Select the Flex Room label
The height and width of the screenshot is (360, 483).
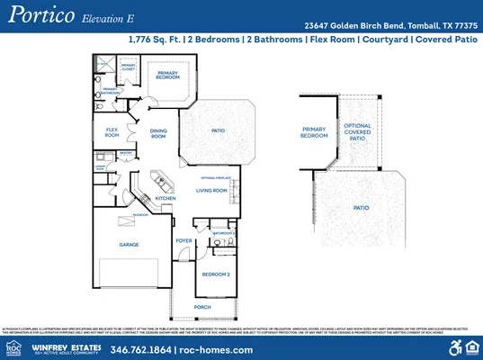click(112, 132)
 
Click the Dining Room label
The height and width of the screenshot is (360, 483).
click(158, 133)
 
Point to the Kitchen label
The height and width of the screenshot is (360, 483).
click(165, 198)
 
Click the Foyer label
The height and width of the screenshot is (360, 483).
click(183, 240)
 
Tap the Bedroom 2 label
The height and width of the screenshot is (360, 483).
click(217, 274)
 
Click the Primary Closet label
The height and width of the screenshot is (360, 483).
click(129, 67)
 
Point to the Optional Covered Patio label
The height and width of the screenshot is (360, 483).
click(358, 133)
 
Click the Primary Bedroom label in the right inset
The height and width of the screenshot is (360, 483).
click(314, 132)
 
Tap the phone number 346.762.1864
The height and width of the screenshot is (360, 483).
click(141, 348)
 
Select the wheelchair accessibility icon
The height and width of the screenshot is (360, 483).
click(455, 347)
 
